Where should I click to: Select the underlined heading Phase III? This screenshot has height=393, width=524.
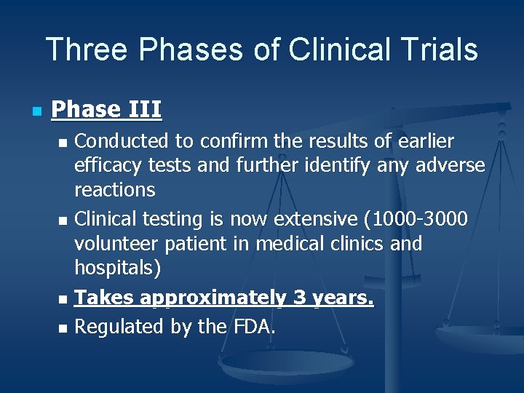click(x=107, y=110)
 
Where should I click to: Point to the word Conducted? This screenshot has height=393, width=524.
click(x=122, y=140)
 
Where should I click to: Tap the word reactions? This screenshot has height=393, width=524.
click(x=115, y=190)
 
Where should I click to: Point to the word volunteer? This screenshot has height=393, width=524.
click(x=117, y=243)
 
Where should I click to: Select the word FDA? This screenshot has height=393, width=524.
click(x=253, y=327)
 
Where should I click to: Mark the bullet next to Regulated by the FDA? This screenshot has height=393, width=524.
click(x=64, y=329)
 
